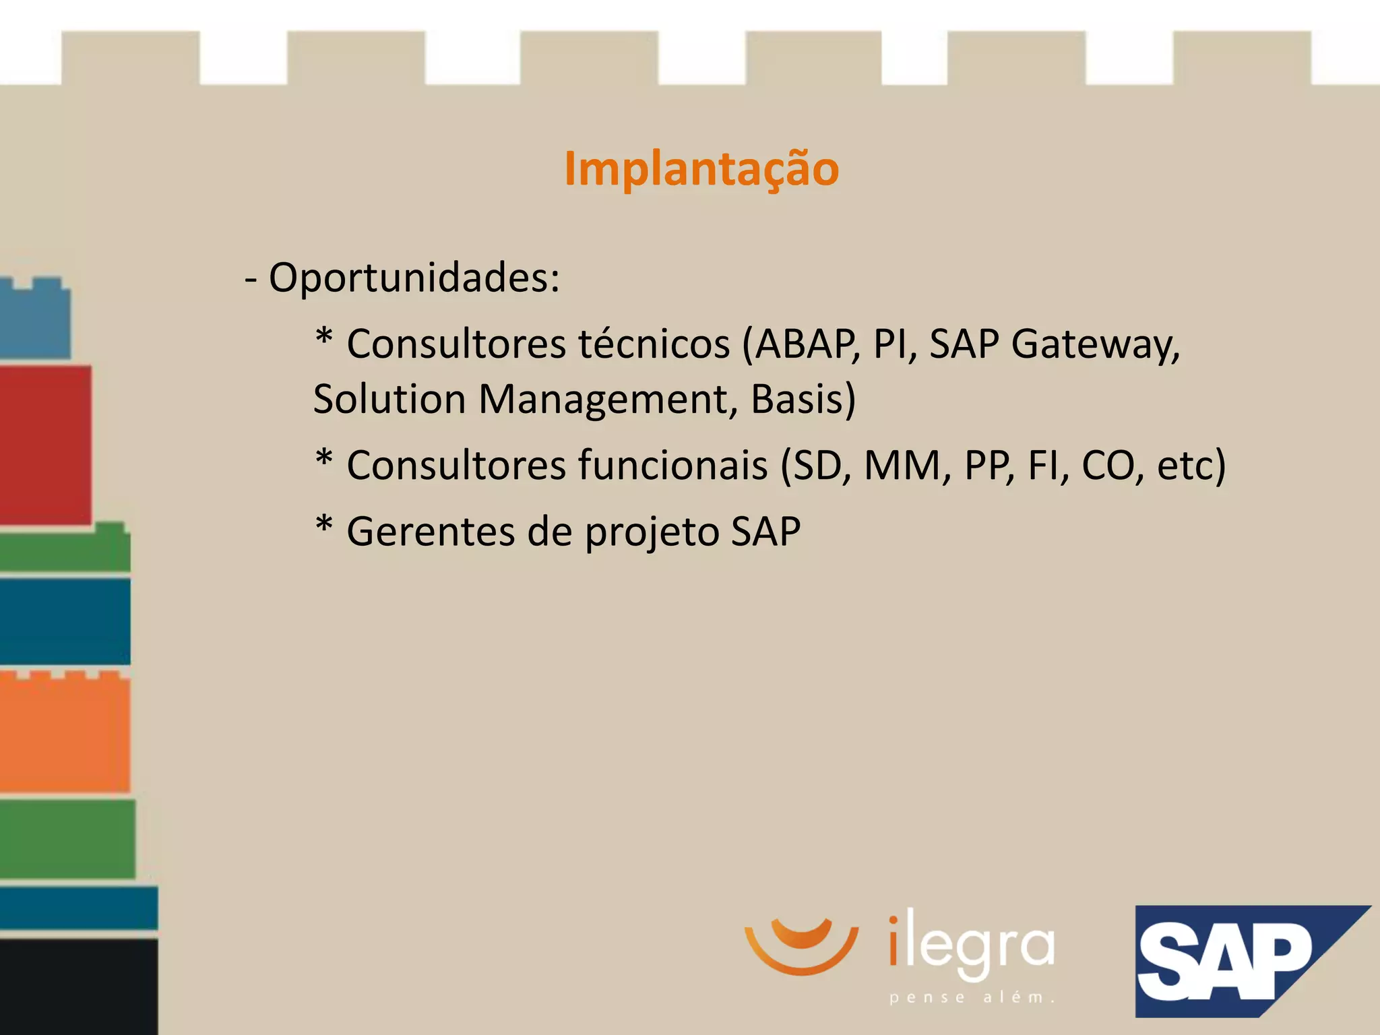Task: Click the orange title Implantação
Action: tap(701, 168)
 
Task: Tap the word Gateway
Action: tap(1095, 344)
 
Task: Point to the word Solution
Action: tap(389, 398)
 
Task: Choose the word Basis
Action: tap(798, 398)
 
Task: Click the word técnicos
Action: tap(654, 344)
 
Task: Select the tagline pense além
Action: tap(971, 997)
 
